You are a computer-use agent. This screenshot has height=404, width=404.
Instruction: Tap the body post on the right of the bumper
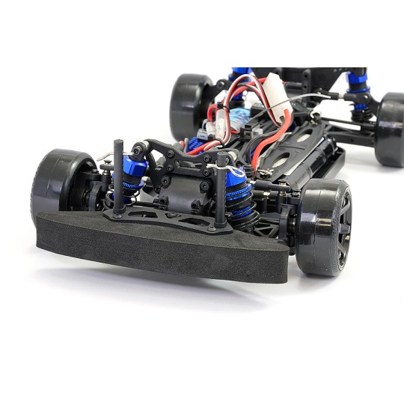(x=221, y=198)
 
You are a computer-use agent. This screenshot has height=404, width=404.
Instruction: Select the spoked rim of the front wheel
(x=340, y=228)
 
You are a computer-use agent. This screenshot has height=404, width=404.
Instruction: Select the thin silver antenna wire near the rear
(x=314, y=98)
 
